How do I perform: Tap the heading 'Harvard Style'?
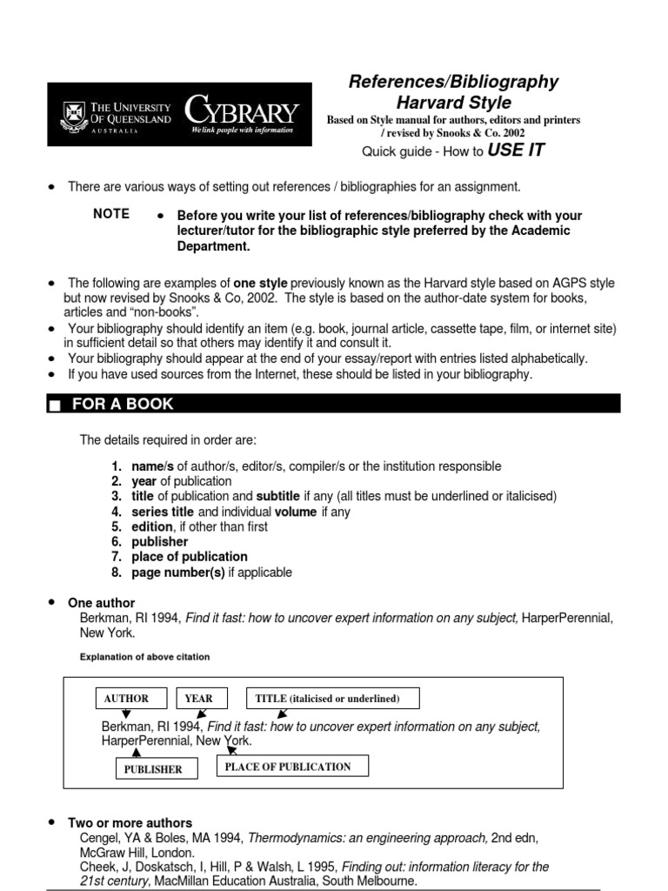(x=453, y=104)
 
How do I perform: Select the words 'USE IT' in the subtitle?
(x=516, y=151)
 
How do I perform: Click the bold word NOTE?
(x=111, y=214)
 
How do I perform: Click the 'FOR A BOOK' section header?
(x=123, y=404)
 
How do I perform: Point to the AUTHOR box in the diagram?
(x=126, y=698)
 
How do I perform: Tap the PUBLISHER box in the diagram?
(x=155, y=768)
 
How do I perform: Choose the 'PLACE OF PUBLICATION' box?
(x=288, y=767)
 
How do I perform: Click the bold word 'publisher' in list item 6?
(x=159, y=542)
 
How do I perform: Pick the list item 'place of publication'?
(x=190, y=557)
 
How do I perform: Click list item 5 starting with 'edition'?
(x=199, y=527)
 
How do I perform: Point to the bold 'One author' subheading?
(x=102, y=603)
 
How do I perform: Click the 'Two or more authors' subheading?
(x=130, y=822)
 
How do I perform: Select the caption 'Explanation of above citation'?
(x=144, y=656)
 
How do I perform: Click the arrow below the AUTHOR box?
(x=126, y=714)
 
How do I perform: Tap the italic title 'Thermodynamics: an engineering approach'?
(x=368, y=837)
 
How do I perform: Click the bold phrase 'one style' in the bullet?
(x=260, y=283)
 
